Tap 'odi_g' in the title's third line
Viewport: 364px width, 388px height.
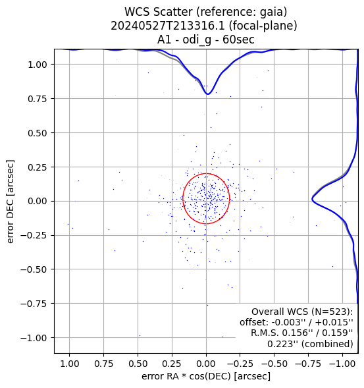[197, 40]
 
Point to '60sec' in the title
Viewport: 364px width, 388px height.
[239, 40]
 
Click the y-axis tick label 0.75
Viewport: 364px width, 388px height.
[38, 99]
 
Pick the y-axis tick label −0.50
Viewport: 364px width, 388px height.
[34, 269]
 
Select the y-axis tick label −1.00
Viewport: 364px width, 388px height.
[34, 338]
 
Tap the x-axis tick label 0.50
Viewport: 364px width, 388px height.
[138, 364]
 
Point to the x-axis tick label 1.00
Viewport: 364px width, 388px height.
[70, 364]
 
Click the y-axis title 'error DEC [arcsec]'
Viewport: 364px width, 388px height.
[10, 202]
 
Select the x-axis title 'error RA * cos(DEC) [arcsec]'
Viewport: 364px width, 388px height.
[206, 376]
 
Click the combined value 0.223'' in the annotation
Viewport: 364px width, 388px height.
[283, 344]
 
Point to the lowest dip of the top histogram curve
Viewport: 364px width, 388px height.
[208, 94]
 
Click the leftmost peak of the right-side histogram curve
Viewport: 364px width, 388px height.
[312, 199]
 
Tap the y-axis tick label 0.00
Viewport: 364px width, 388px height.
[38, 202]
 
